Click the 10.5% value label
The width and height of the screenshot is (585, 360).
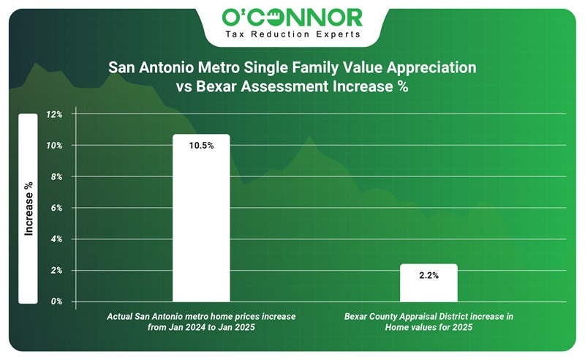(x=201, y=146)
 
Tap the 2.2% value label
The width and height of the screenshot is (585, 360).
(x=429, y=276)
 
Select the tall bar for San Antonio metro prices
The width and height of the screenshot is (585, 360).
(x=201, y=220)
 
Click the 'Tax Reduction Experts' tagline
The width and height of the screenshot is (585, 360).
(x=292, y=34)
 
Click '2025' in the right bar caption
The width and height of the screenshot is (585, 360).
(x=459, y=328)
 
